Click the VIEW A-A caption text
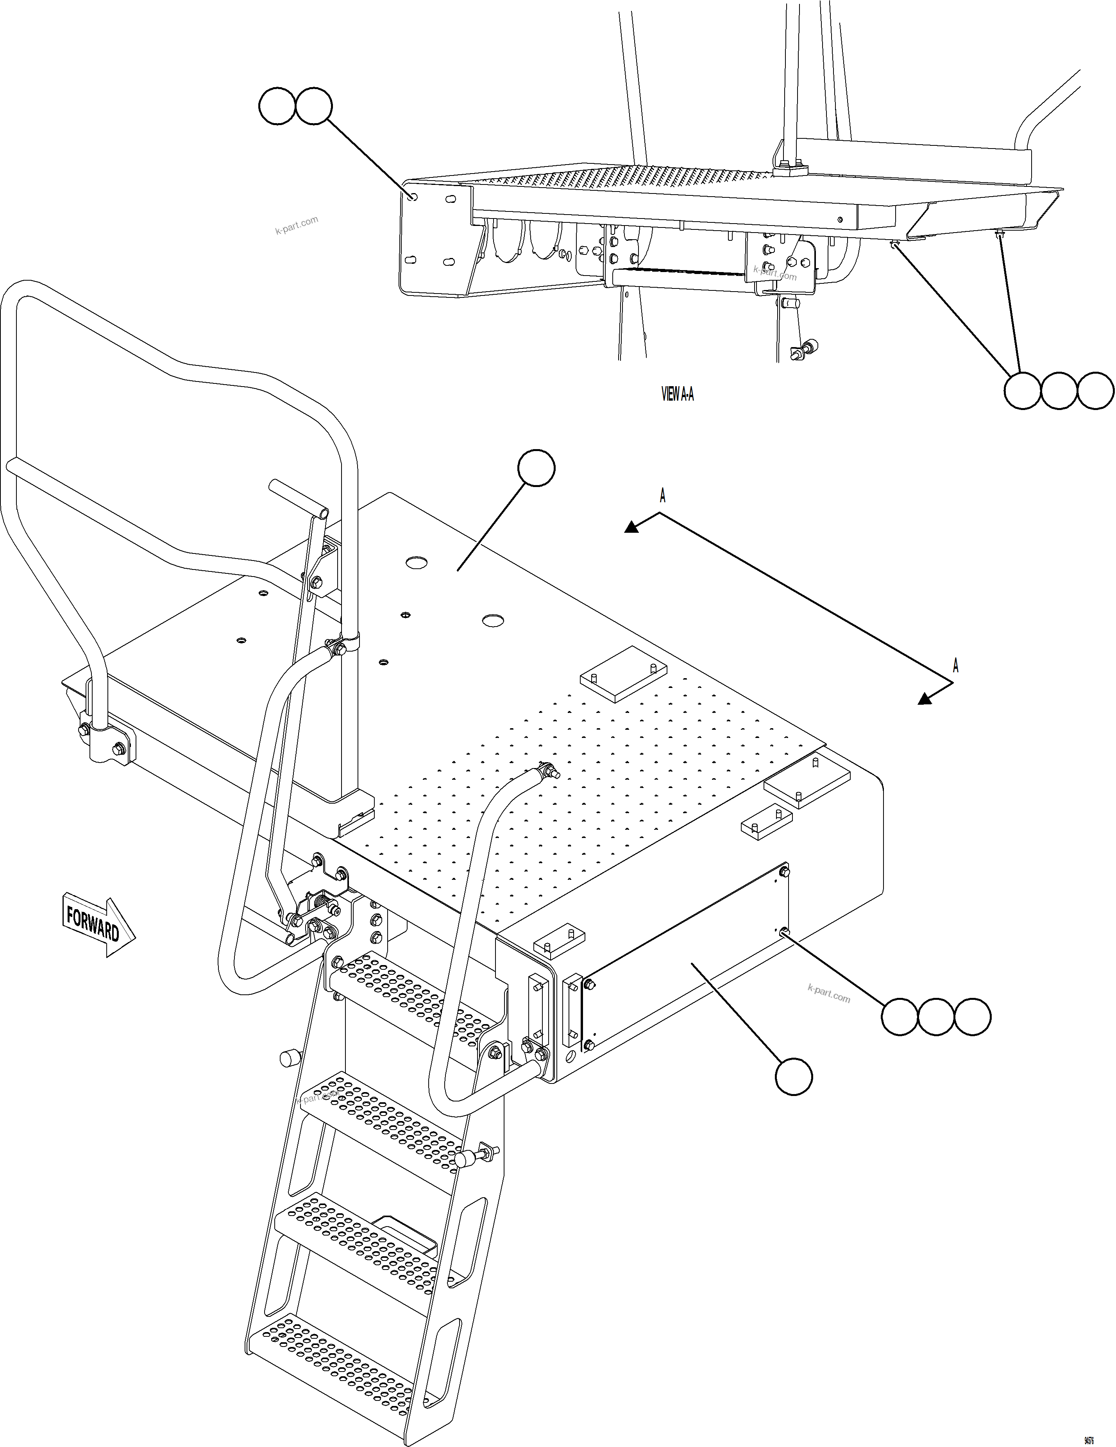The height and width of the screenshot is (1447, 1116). pos(678,394)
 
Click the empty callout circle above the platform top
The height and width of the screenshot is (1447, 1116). pos(536,468)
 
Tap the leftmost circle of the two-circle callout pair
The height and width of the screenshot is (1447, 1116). pos(276,106)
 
